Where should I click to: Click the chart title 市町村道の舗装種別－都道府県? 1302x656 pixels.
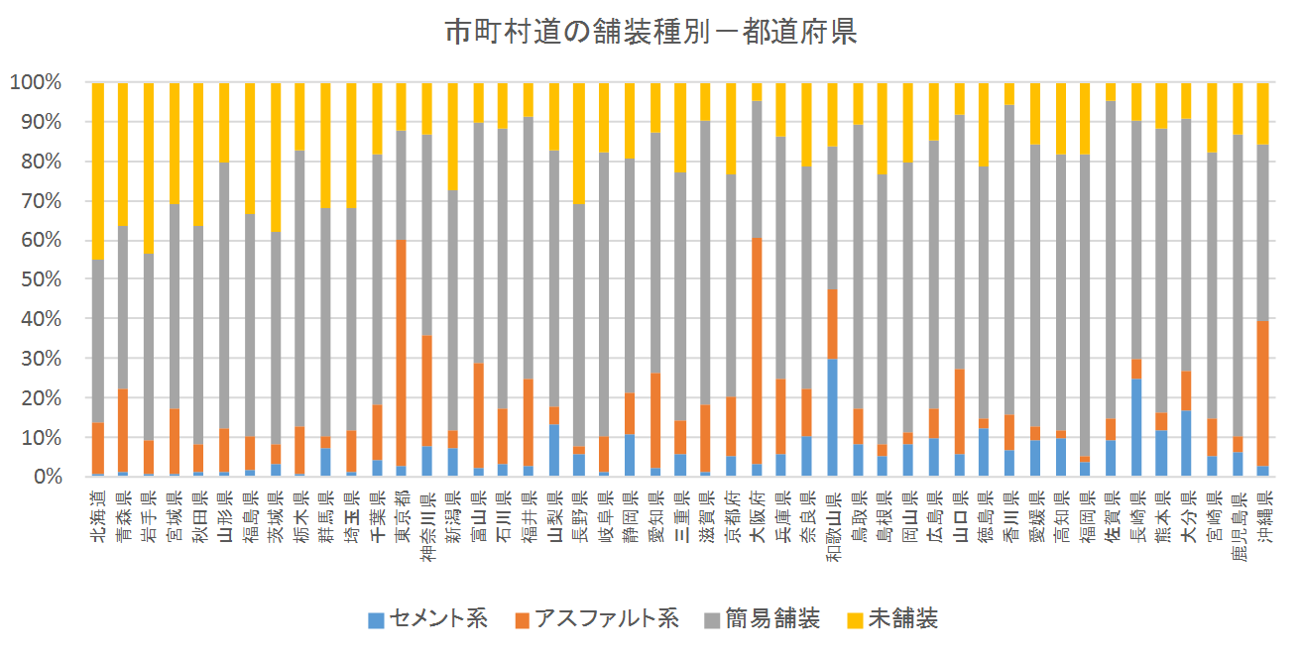pyautogui.click(x=651, y=33)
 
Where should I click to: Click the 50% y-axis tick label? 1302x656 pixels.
pyautogui.click(x=40, y=279)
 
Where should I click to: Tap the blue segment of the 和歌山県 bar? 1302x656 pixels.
pyautogui.click(x=833, y=417)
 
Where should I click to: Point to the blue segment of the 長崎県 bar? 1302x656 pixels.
pyautogui.click(x=1136, y=427)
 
